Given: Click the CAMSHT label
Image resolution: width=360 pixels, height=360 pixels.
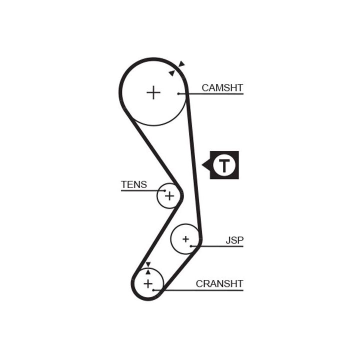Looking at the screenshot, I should tap(222, 88).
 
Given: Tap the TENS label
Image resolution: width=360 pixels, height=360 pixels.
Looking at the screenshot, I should tap(134, 184).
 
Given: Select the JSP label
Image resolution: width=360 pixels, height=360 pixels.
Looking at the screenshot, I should tap(234, 240).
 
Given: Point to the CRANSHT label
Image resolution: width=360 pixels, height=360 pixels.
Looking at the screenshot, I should tap(219, 284).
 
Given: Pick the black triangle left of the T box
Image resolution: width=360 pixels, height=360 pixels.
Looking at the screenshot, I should tap(205, 164).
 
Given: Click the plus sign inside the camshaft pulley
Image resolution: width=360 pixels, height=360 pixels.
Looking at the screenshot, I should tap(153, 92).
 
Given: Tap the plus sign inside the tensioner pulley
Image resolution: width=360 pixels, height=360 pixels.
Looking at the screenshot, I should tap(169, 195).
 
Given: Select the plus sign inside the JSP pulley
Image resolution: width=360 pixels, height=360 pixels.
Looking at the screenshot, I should tap(185, 239).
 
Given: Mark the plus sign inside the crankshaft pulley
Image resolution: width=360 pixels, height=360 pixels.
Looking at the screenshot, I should tap(148, 284).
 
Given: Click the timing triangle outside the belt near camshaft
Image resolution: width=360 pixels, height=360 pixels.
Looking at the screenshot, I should tap(181, 64).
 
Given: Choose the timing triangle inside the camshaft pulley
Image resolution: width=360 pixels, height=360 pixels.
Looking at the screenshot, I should tap(172, 73).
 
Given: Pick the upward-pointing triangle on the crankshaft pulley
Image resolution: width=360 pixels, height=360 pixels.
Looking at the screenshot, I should tap(148, 271).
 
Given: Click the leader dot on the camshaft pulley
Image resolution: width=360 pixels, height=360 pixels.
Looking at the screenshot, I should tap(178, 93).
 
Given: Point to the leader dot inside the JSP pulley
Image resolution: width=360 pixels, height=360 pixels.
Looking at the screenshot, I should tap(191, 246).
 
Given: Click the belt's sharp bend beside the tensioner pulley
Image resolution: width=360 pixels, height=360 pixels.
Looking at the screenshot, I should tap(181, 195).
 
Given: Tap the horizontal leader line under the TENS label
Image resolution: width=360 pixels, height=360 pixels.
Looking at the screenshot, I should tap(140, 190).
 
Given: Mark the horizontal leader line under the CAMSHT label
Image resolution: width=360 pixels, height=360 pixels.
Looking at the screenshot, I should tap(215, 94).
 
